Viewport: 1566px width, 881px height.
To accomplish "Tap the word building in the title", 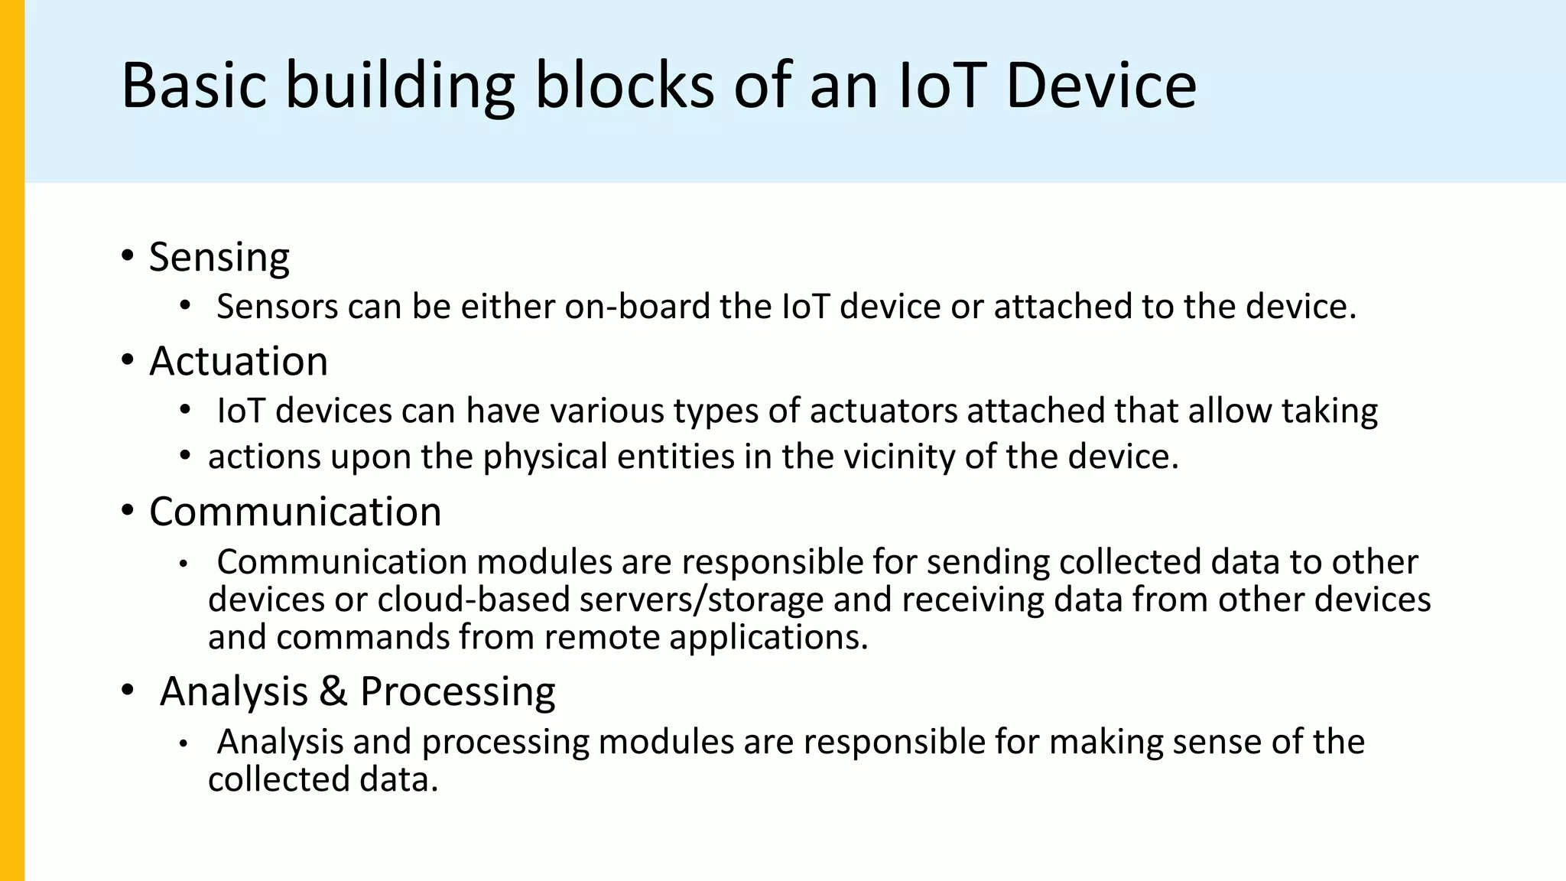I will (x=400, y=86).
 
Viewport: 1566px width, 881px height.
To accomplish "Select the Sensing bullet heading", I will (x=219, y=257).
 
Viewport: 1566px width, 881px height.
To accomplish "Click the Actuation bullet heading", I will (x=238, y=361).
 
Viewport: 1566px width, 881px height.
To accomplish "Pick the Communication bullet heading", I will (x=295, y=512).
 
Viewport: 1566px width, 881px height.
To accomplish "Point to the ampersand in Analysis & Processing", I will (x=333, y=691).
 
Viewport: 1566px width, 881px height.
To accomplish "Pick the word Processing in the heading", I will (x=457, y=691).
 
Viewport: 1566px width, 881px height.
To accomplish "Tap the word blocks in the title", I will (x=624, y=86).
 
